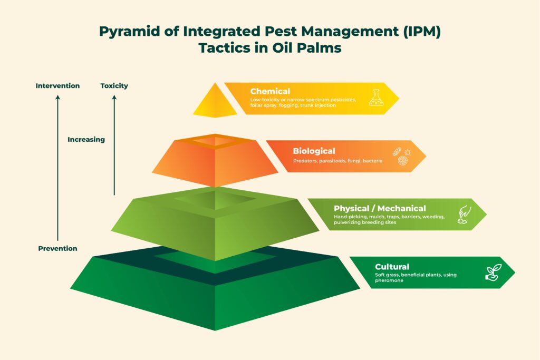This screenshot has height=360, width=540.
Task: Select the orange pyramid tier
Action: [x=215, y=160]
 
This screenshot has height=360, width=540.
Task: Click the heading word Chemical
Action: [x=270, y=91]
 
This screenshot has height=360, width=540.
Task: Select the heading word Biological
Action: [x=314, y=151]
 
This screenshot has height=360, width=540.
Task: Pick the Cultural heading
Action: [x=392, y=267]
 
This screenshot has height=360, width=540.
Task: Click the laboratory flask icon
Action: [x=376, y=98]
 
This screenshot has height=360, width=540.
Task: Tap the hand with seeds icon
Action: [x=464, y=215]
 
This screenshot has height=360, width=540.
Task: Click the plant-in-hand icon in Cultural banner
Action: [x=493, y=273]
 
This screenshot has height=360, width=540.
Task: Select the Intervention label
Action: [x=57, y=86]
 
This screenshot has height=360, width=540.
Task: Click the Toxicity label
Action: [x=114, y=86]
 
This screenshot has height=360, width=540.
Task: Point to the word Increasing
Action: [x=86, y=140]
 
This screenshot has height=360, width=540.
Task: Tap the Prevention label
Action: [x=57, y=248]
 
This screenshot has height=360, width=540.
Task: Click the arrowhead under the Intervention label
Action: [x=57, y=98]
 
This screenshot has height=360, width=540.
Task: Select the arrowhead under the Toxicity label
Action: [x=114, y=98]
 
